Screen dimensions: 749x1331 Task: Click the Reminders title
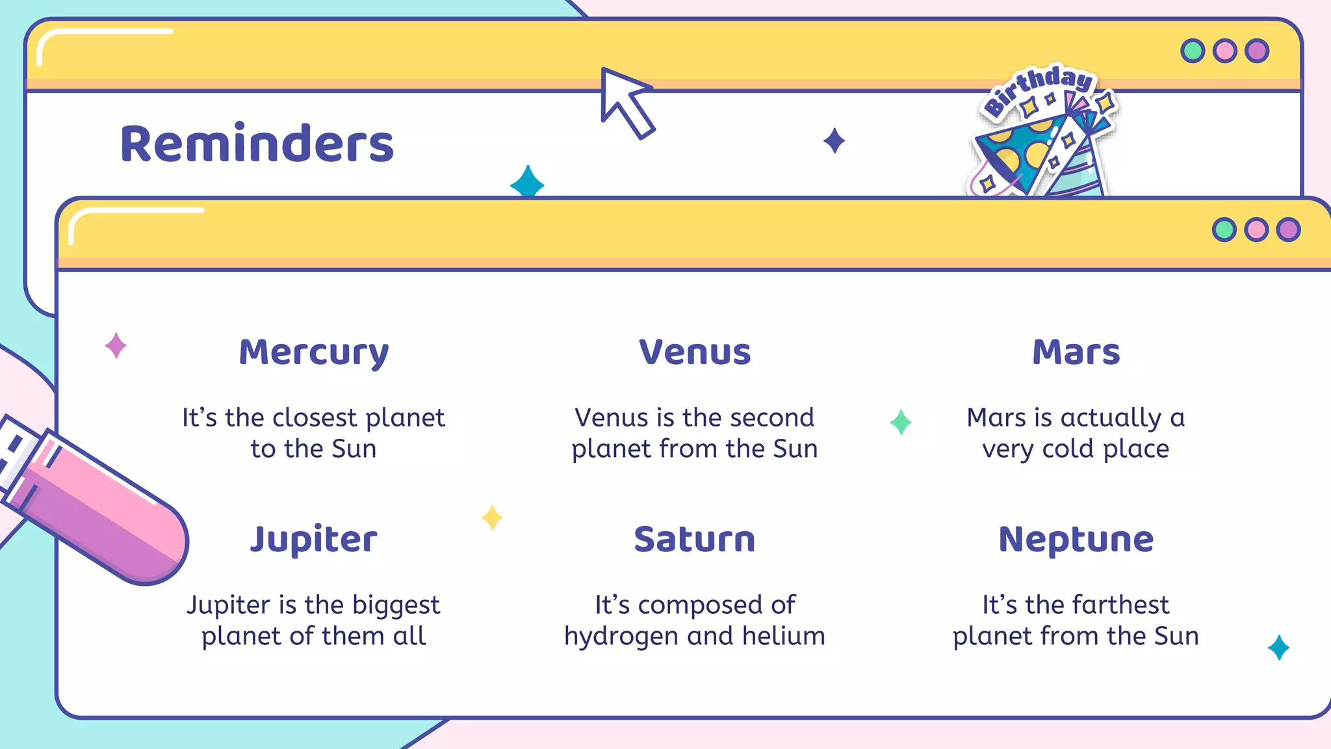[257, 144]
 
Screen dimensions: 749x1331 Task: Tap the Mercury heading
[314, 353]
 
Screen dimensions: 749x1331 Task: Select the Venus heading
[695, 352]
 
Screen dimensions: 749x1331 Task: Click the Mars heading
[1076, 352]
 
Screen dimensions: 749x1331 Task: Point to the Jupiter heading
[314, 540]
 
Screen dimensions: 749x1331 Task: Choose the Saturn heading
[695, 540]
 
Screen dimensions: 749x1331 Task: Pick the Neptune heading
[1076, 540]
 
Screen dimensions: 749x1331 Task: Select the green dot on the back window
[1193, 51]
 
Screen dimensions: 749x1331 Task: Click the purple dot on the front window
[1288, 230]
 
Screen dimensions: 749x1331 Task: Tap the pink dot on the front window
[1256, 230]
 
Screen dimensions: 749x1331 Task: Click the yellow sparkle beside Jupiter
[492, 518]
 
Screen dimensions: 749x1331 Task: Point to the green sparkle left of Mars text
[901, 423]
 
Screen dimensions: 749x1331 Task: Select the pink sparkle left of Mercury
[116, 345]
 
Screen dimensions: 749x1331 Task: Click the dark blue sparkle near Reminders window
[834, 141]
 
